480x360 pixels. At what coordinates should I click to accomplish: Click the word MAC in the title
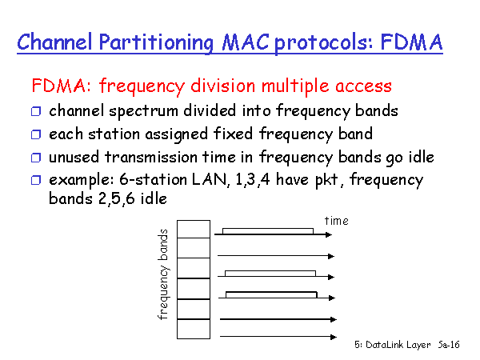246,42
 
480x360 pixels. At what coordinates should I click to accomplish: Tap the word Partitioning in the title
156,43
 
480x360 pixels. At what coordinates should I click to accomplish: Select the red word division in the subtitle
222,86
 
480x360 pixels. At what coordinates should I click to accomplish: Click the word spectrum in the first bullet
143,111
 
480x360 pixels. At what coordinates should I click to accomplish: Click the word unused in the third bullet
74,157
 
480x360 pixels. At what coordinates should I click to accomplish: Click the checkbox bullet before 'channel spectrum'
36,111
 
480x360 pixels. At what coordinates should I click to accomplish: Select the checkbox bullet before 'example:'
36,180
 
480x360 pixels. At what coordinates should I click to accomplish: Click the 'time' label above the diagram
337,221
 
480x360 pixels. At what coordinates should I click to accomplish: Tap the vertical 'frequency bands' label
163,274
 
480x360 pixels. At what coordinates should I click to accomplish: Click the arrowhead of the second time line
331,256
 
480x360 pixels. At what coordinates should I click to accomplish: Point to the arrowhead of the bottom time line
334,337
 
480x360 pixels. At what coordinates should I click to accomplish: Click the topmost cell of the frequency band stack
194,229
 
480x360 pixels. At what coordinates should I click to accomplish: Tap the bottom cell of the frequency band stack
194,329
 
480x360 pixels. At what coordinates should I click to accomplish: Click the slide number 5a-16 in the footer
449,345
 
